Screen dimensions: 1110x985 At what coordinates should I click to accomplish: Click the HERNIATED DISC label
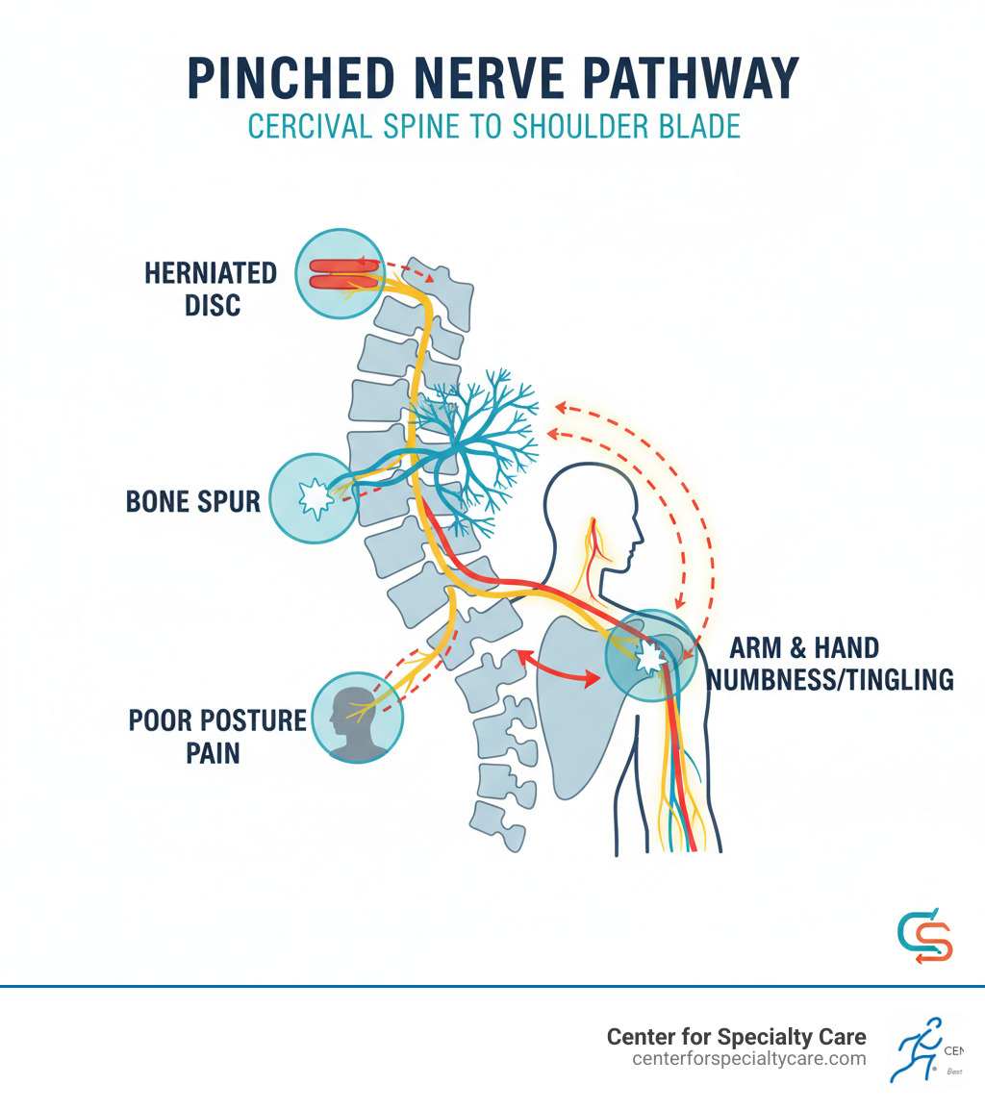pyautogui.click(x=210, y=289)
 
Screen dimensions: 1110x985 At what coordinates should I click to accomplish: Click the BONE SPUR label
pyautogui.click(x=193, y=501)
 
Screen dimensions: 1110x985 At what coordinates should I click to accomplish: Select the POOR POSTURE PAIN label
pyautogui.click(x=217, y=736)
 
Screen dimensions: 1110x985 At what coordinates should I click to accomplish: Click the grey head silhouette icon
pyautogui.click(x=357, y=717)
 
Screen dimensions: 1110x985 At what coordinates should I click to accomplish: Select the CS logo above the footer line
pyautogui.click(x=923, y=936)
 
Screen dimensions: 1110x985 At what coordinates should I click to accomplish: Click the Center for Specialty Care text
pyautogui.click(x=736, y=1037)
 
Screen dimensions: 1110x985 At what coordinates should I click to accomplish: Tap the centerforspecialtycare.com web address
pyautogui.click(x=748, y=1058)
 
